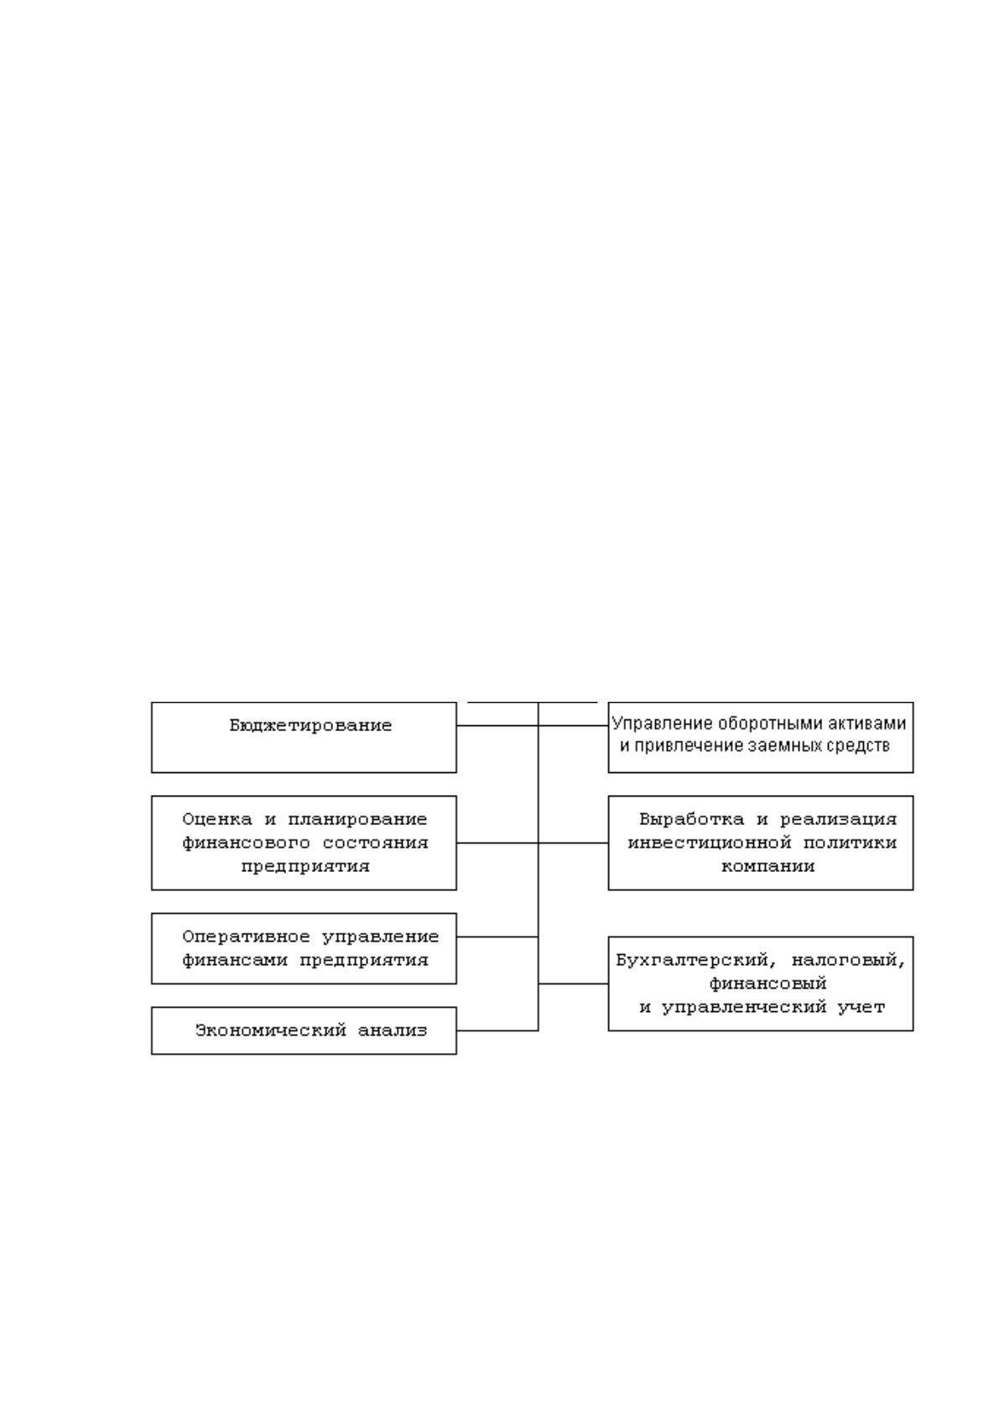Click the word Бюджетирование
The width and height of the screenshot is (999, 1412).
point(310,725)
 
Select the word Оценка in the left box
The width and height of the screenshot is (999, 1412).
point(217,819)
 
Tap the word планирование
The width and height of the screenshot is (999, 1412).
point(357,819)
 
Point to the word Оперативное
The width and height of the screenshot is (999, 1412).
point(247,937)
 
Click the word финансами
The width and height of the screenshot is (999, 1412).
point(235,960)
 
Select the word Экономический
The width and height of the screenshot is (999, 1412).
point(271,1030)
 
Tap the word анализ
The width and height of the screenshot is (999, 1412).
point(393,1030)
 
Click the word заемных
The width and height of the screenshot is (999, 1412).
point(783,745)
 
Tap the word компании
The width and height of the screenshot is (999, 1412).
point(767,866)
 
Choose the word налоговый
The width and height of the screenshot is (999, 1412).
point(848,960)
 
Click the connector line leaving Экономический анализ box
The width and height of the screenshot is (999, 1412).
point(497,1030)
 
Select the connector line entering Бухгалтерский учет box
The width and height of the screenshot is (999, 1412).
point(573,984)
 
